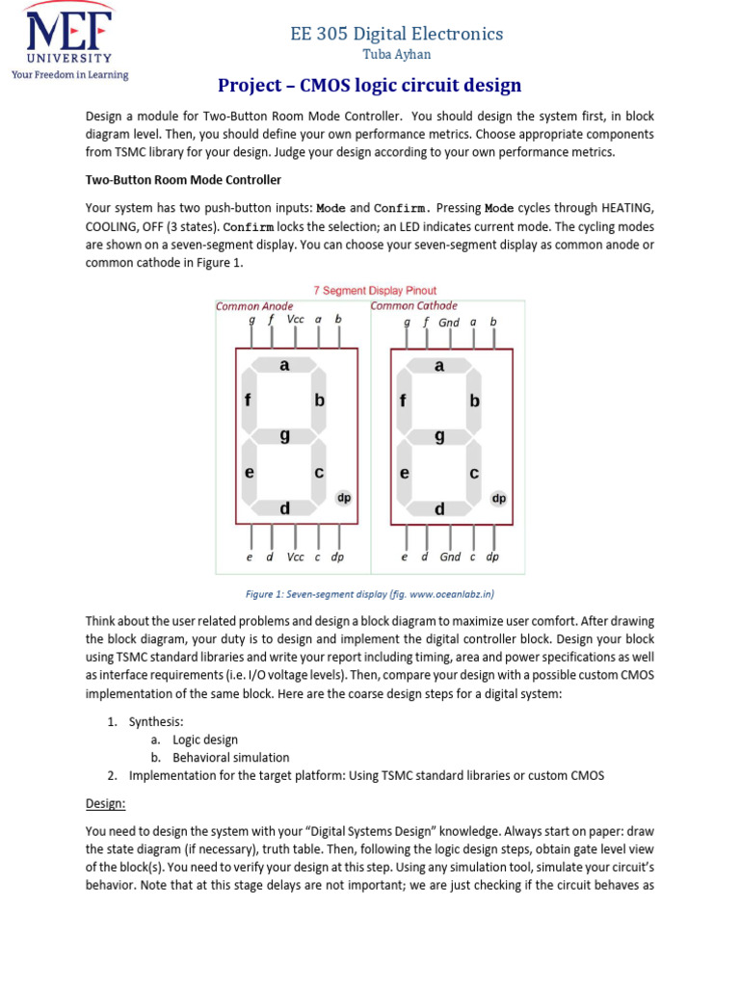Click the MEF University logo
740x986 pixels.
[67, 40]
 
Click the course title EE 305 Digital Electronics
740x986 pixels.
[397, 34]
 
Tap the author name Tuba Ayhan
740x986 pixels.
[397, 55]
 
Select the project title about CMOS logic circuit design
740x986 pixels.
[369, 86]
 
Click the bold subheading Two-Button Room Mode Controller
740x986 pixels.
[183, 180]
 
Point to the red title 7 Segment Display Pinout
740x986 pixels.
[375, 290]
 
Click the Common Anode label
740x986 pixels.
[254, 306]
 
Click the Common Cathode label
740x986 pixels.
[414, 306]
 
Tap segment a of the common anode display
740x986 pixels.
[284, 366]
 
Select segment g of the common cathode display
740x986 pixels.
[439, 435]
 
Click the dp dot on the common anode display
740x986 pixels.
[343, 498]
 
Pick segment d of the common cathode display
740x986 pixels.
[439, 508]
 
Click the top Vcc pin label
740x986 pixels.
[295, 320]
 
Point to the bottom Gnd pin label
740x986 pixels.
[450, 557]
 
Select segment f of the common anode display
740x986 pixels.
[249, 401]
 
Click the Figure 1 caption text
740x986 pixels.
[369, 593]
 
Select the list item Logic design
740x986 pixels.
[205, 739]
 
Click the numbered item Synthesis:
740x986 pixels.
[156, 721]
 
